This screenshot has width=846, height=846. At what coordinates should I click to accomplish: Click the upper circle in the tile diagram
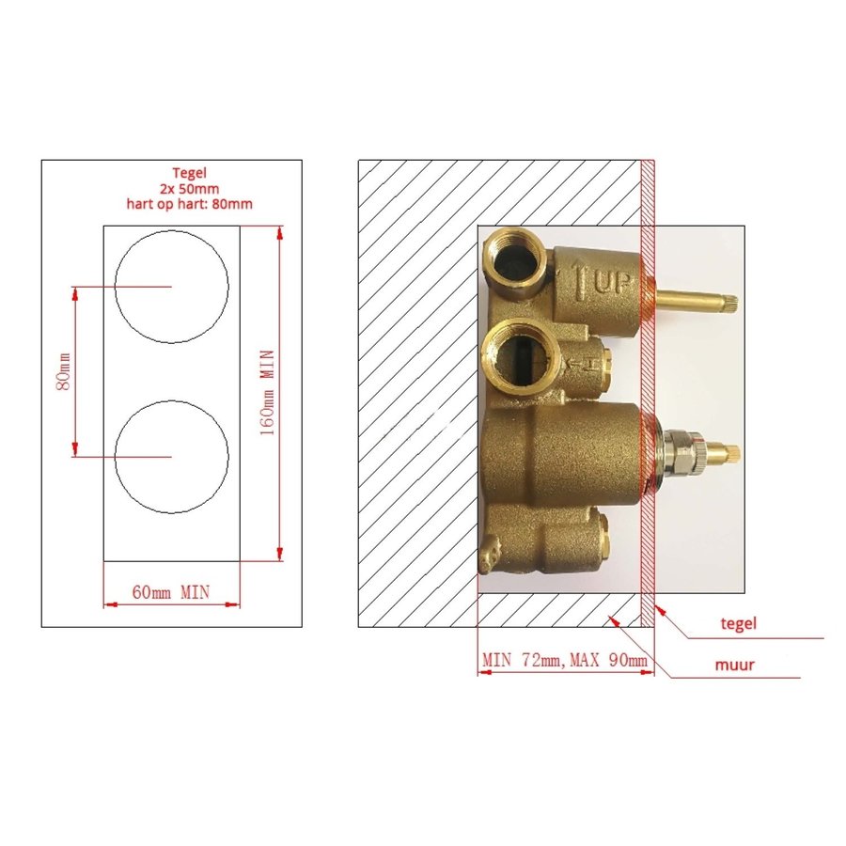click(x=171, y=286)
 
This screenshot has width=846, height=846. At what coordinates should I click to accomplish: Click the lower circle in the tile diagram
click(x=171, y=456)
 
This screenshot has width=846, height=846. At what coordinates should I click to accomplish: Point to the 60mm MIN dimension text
click(x=170, y=591)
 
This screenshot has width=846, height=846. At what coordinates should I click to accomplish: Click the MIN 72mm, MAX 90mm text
click(x=565, y=661)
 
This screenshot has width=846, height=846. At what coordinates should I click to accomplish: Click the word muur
click(x=733, y=665)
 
